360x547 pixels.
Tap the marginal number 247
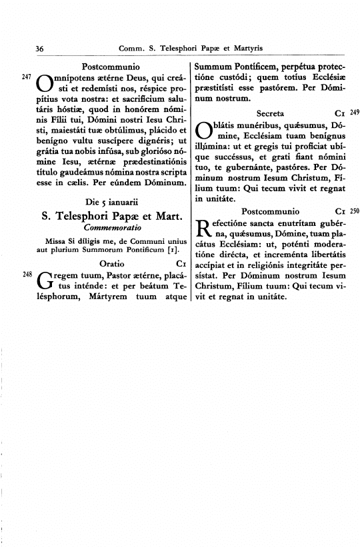27,77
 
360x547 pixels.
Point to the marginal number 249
354,111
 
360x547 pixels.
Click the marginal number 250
354,211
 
